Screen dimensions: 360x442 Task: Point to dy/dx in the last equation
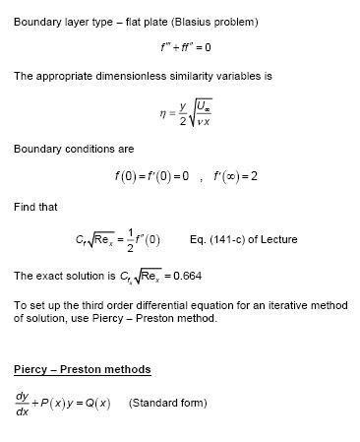22,404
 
